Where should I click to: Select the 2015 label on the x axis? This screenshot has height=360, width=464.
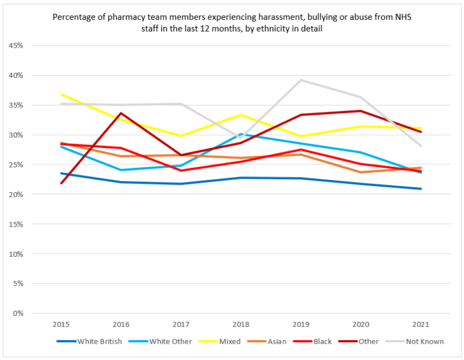(x=61, y=324)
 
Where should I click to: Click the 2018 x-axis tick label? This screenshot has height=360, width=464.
(x=240, y=324)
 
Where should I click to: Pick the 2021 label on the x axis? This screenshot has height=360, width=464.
(x=420, y=324)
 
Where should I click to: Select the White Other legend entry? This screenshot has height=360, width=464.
(x=170, y=342)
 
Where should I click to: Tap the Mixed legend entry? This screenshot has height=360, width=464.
(x=229, y=342)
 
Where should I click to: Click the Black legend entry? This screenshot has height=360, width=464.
(x=321, y=342)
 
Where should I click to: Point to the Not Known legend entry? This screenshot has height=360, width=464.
(x=425, y=342)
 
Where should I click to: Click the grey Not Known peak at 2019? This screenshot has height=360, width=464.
(x=300, y=80)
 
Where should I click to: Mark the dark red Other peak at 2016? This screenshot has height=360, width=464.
(x=121, y=113)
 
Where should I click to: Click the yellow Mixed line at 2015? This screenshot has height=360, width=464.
(x=61, y=94)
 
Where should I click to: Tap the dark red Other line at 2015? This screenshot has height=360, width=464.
(x=61, y=183)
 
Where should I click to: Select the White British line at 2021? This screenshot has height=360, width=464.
(x=420, y=189)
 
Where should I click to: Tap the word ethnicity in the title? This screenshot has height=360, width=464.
(x=273, y=28)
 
